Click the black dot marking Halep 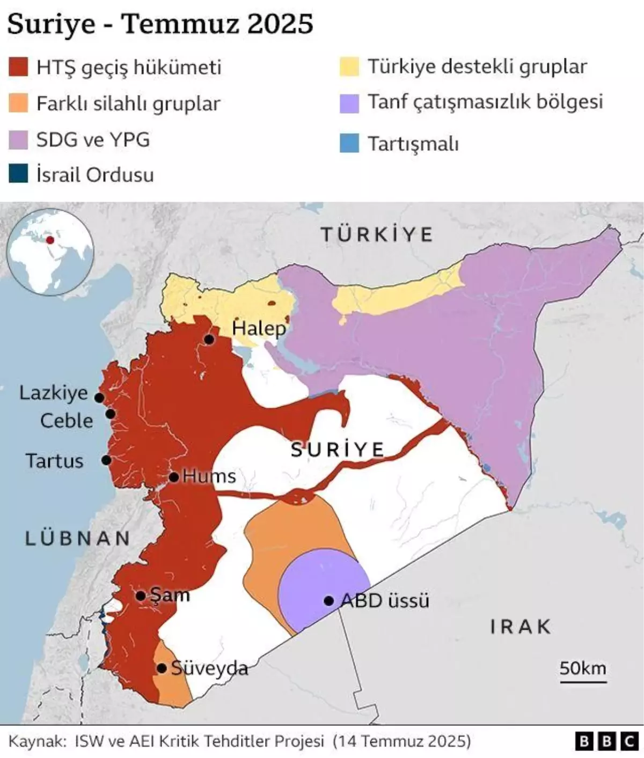[209, 340]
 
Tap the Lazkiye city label [53, 393]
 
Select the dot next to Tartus [106, 460]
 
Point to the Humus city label [209, 476]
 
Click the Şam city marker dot [140, 595]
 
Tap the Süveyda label [209, 668]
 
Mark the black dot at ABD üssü [329, 601]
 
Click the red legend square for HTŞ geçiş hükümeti [18, 68]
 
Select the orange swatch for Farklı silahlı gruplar [18, 103]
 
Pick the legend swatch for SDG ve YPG [18, 139]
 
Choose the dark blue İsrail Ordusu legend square [18, 174]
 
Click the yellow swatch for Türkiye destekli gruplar [349, 67]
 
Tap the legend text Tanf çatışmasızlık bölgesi [485, 102]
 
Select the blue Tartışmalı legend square [349, 143]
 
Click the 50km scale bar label [583, 668]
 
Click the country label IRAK [521, 627]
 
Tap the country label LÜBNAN [78, 539]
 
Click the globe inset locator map [51, 252]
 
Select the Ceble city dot [111, 414]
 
